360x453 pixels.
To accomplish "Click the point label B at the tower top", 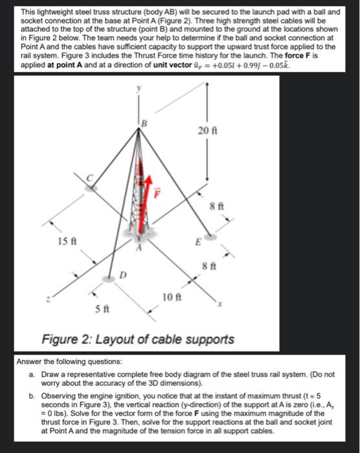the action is click(x=144, y=124).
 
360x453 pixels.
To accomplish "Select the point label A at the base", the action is click(x=139, y=247).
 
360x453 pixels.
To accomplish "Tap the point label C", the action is click(x=90, y=179).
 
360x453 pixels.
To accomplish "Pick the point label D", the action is click(x=123, y=274).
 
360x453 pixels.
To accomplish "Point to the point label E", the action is click(x=198, y=242).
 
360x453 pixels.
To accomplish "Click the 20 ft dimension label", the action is click(x=208, y=131).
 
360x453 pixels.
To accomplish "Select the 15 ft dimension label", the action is click(x=67, y=241).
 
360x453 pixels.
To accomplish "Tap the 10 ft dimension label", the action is click(x=172, y=296).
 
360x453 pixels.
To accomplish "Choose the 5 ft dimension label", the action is click(x=102, y=309).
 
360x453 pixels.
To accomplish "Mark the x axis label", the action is click(x=220, y=304).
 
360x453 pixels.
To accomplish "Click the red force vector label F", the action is click(x=157, y=193).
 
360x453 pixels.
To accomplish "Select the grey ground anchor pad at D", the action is click(x=108, y=279).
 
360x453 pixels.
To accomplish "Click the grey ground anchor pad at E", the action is click(x=211, y=237).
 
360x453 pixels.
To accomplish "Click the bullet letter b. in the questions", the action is click(x=32, y=396).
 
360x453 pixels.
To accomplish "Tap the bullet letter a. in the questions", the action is click(x=32, y=375).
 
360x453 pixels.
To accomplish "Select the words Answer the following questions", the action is click(x=69, y=362).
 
